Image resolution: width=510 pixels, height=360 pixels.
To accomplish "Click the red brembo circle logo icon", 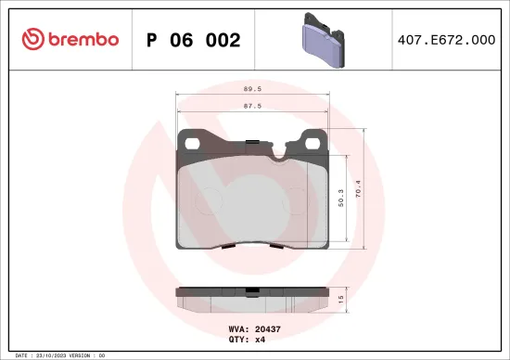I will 32,39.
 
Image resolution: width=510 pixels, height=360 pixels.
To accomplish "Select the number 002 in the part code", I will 223,40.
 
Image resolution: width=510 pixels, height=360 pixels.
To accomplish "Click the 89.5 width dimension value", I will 250,90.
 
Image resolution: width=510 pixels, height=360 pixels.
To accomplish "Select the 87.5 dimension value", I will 250,108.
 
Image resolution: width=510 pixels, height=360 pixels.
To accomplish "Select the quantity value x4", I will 261,341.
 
